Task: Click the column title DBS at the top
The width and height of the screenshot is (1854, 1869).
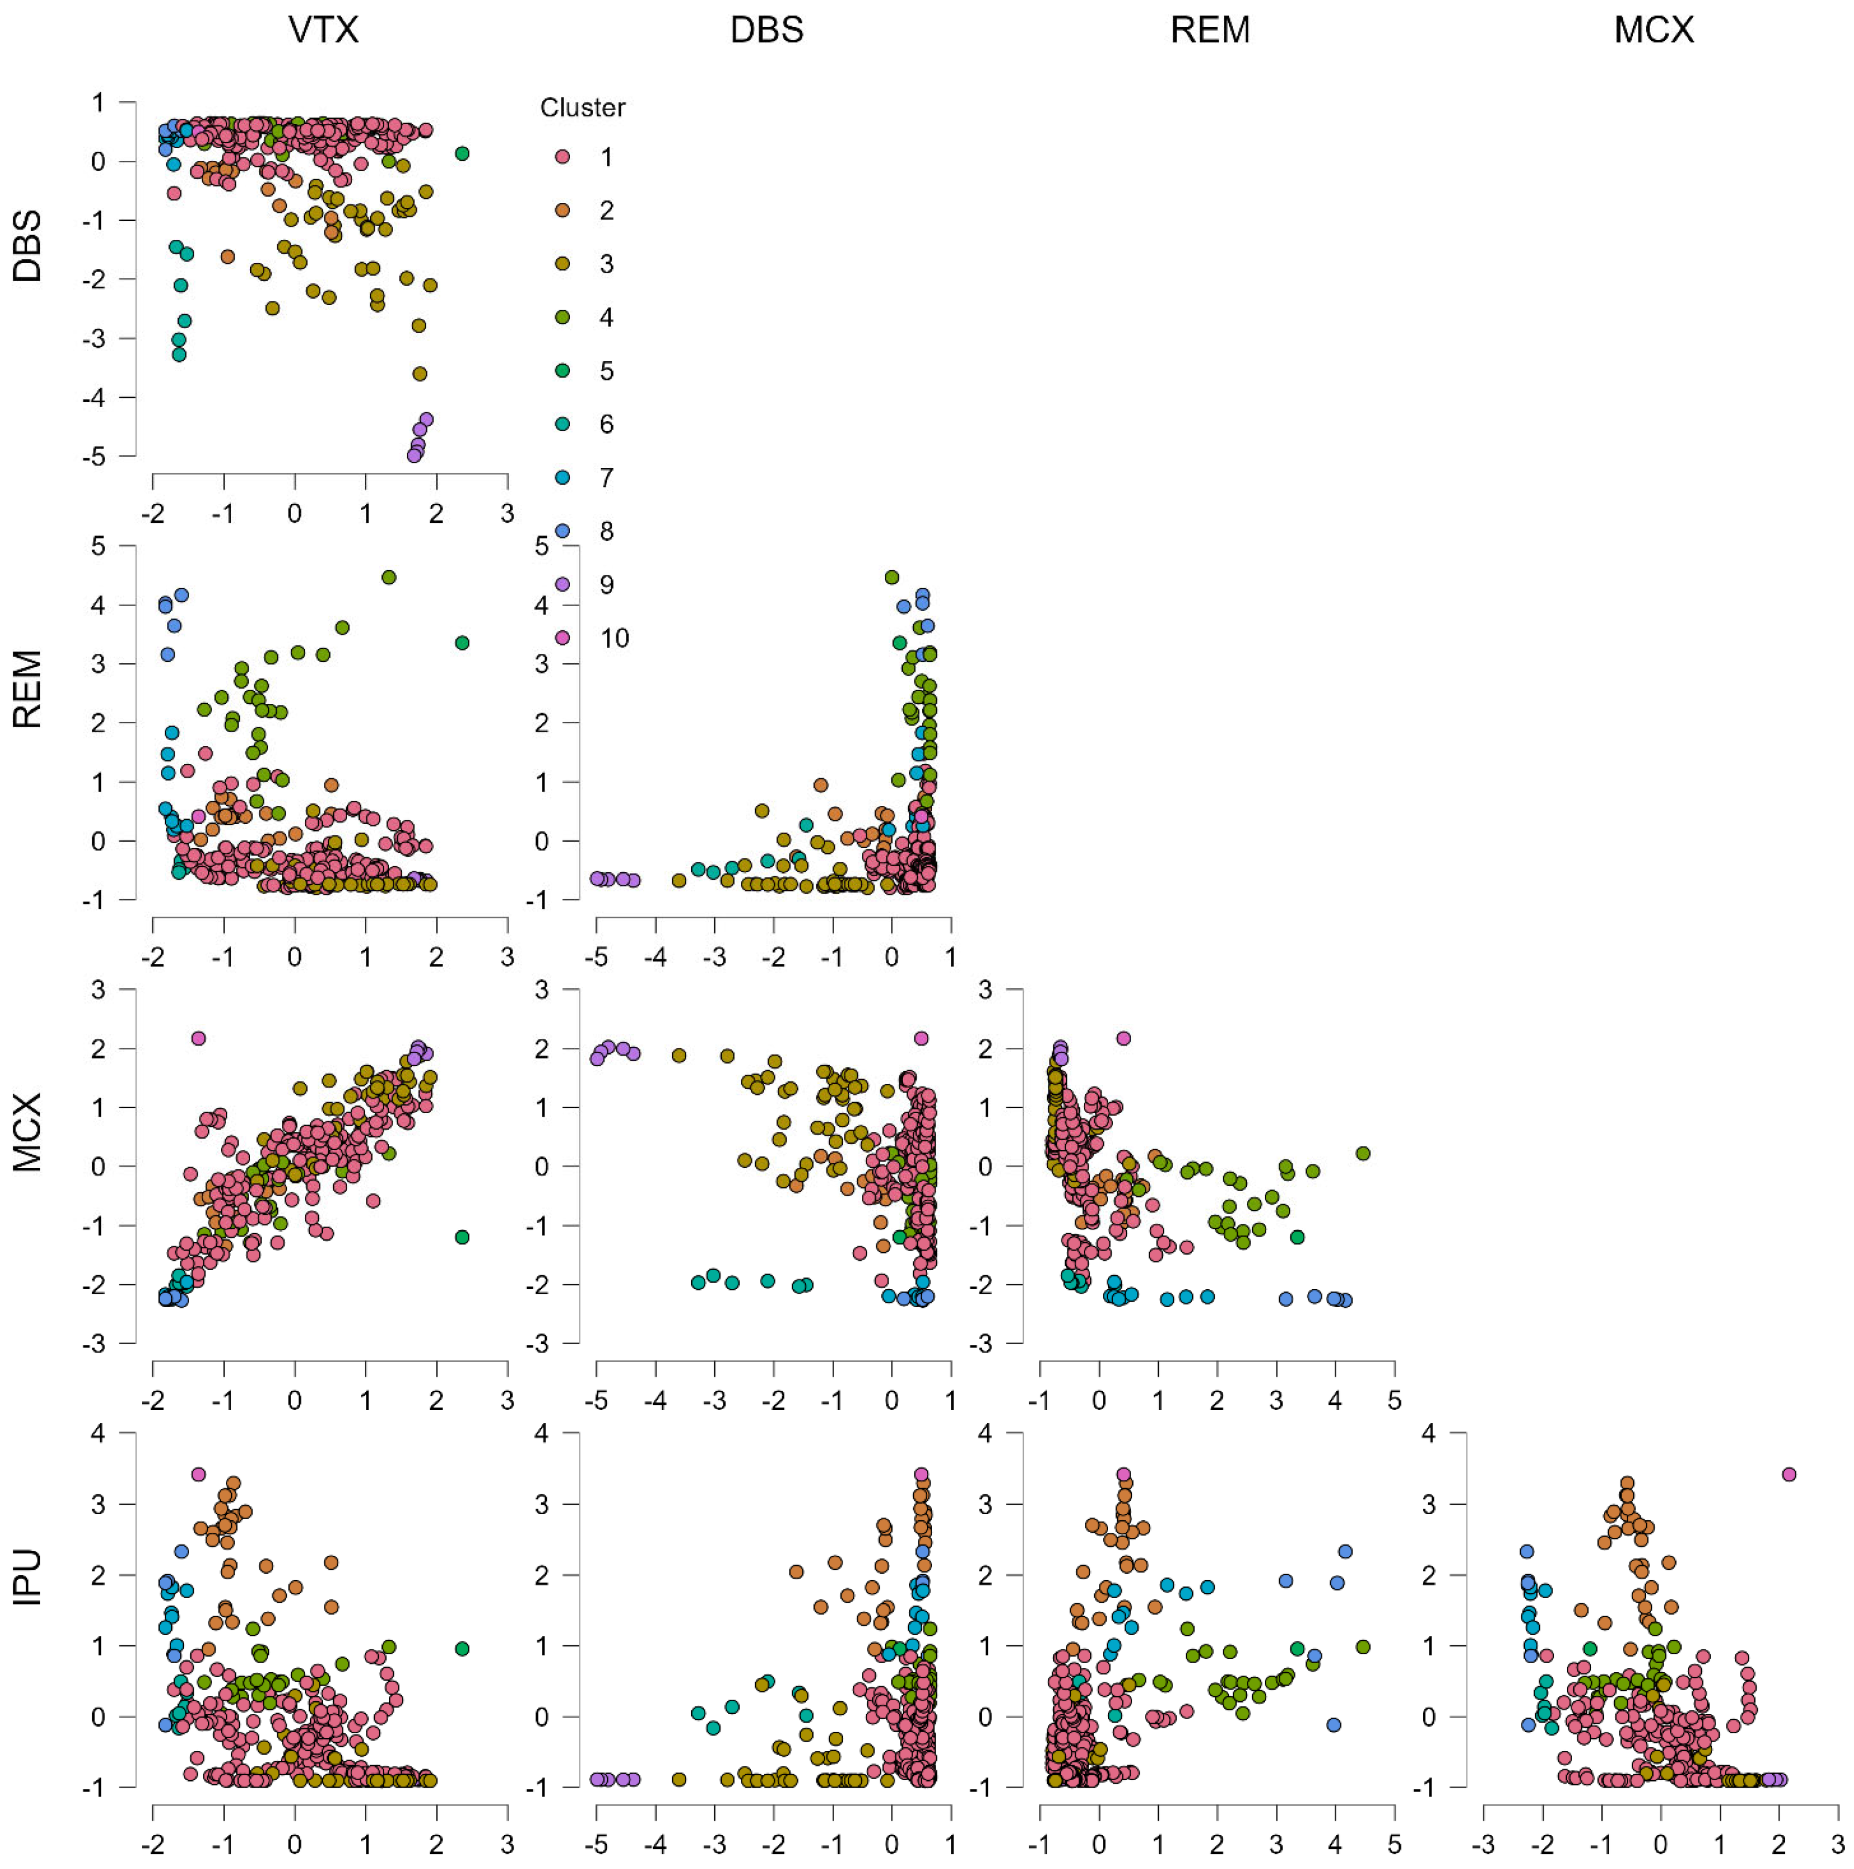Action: pos(766,30)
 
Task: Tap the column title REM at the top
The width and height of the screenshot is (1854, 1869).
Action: pos(1210,30)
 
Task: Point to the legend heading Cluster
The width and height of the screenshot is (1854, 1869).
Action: pos(582,107)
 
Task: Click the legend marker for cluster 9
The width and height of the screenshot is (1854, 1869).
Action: pos(562,585)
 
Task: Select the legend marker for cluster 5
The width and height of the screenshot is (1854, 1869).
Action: pos(562,371)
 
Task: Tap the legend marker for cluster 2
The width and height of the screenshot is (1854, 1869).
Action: pos(562,210)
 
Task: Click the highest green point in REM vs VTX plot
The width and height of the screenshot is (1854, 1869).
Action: pos(389,578)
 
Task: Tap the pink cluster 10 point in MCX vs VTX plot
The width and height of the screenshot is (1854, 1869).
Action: pos(198,1038)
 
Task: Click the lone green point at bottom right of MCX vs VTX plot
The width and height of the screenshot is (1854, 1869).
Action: pos(462,1237)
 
